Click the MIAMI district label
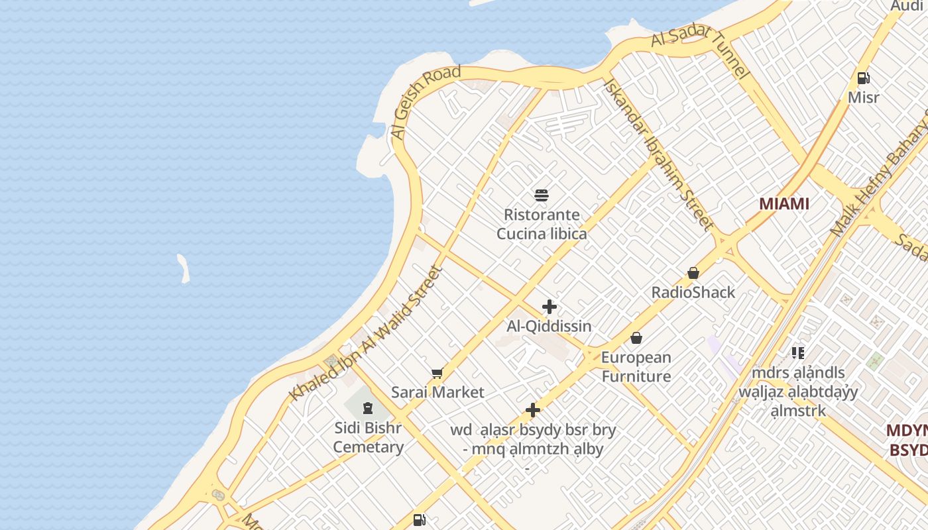784,203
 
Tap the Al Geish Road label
426,102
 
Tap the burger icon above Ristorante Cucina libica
542,195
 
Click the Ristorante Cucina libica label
542,224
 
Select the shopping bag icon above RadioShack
693,273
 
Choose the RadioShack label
693,292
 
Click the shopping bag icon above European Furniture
636,338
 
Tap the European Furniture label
636,367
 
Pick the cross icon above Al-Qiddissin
550,307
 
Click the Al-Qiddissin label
550,326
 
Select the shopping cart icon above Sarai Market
437,374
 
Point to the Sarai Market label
437,392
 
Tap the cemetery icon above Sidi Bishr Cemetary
368,407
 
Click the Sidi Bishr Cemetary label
368,437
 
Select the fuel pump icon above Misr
864,78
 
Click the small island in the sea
184,269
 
